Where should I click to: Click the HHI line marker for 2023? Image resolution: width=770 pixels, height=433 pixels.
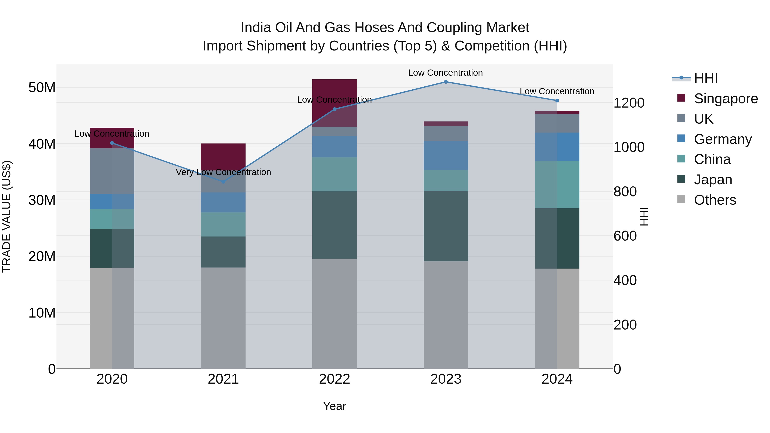click(x=446, y=82)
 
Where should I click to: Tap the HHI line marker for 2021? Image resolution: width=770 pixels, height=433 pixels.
click(x=223, y=181)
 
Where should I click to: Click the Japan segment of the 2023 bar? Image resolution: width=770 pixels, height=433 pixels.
click(x=446, y=226)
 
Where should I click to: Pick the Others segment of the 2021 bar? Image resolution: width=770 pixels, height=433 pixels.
click(x=223, y=318)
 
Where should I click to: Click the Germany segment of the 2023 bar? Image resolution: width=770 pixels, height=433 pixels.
click(x=446, y=155)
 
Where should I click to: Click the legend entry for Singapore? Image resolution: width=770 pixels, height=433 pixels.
click(x=726, y=99)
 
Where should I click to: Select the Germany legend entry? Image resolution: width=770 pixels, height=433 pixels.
click(x=723, y=139)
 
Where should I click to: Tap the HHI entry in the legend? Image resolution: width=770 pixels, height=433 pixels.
click(x=705, y=78)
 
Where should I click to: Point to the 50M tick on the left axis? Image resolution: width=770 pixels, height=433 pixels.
click(x=42, y=87)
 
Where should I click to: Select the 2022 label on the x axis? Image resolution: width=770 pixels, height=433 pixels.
click(x=335, y=379)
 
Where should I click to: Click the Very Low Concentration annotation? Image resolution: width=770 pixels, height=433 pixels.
click(x=223, y=172)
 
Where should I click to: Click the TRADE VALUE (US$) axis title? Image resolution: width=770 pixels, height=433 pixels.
click(x=7, y=216)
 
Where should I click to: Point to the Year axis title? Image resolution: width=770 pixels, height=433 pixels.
click(x=335, y=406)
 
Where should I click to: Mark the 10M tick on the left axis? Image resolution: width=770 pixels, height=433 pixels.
click(x=42, y=313)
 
